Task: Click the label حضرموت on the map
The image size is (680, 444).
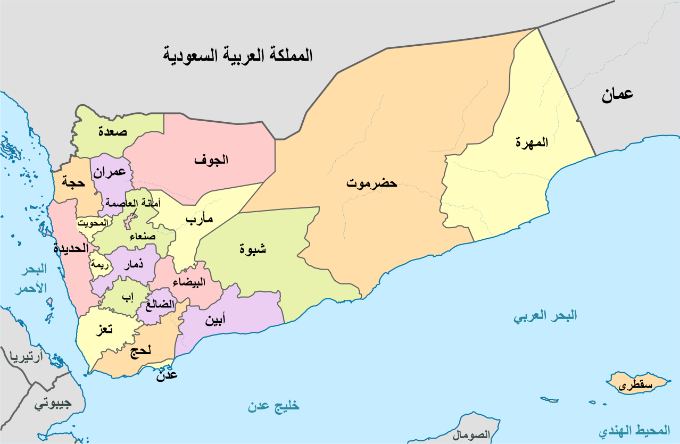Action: point(371,183)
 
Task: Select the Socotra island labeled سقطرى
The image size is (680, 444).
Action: point(636,385)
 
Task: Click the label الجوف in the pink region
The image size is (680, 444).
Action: point(211,160)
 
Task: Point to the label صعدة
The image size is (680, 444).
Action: point(112,132)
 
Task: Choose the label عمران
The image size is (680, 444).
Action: point(110,172)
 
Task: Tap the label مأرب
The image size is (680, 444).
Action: point(200,219)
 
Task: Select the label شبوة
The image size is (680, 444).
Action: point(253,248)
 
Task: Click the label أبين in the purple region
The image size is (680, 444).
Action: point(215,320)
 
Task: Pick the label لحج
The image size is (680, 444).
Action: point(140,350)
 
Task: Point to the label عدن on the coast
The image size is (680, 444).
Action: point(167,375)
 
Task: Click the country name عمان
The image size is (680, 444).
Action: point(617,95)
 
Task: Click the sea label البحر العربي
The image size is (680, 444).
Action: point(545,316)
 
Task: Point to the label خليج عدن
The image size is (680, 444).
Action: point(273,407)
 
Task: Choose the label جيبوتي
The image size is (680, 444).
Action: point(53,404)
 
